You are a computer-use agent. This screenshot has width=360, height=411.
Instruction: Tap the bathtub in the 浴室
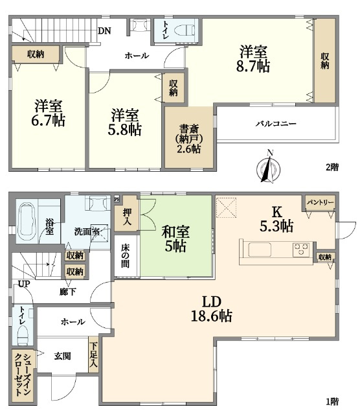(27, 221)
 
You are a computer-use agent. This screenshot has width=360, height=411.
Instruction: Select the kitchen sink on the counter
(260, 250)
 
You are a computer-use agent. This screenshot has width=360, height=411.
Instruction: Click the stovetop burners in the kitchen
(301, 250)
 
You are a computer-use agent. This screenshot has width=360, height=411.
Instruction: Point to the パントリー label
(321, 202)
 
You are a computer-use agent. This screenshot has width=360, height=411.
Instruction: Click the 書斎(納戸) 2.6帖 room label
(189, 139)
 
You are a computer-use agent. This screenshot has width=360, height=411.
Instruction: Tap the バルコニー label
(276, 123)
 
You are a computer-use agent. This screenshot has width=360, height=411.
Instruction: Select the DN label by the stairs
(104, 31)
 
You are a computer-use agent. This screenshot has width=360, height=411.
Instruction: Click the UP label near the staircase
(24, 284)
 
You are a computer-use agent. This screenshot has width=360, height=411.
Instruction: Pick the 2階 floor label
(332, 167)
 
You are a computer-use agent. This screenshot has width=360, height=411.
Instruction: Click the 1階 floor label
(332, 401)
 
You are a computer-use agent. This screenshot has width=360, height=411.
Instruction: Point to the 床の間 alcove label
(126, 256)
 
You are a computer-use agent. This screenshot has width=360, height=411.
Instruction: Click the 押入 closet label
(127, 217)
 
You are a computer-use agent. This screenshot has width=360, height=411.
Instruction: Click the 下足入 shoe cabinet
(94, 355)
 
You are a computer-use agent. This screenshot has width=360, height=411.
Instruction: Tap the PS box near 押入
(117, 199)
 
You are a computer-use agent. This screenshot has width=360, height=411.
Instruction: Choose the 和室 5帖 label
(175, 239)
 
